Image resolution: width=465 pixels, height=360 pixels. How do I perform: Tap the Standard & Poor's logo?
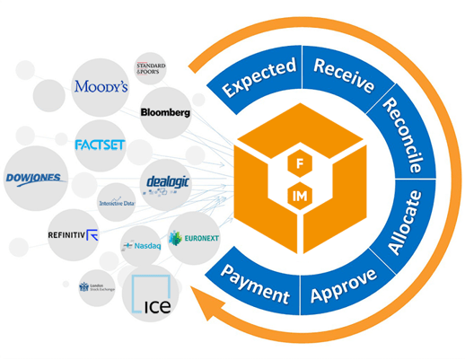154,68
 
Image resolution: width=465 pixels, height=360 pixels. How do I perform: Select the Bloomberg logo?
165,113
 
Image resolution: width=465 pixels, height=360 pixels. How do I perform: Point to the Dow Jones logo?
34,178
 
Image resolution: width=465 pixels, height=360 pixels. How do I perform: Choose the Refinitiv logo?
73,236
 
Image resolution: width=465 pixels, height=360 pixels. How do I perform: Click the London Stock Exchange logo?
96,286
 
